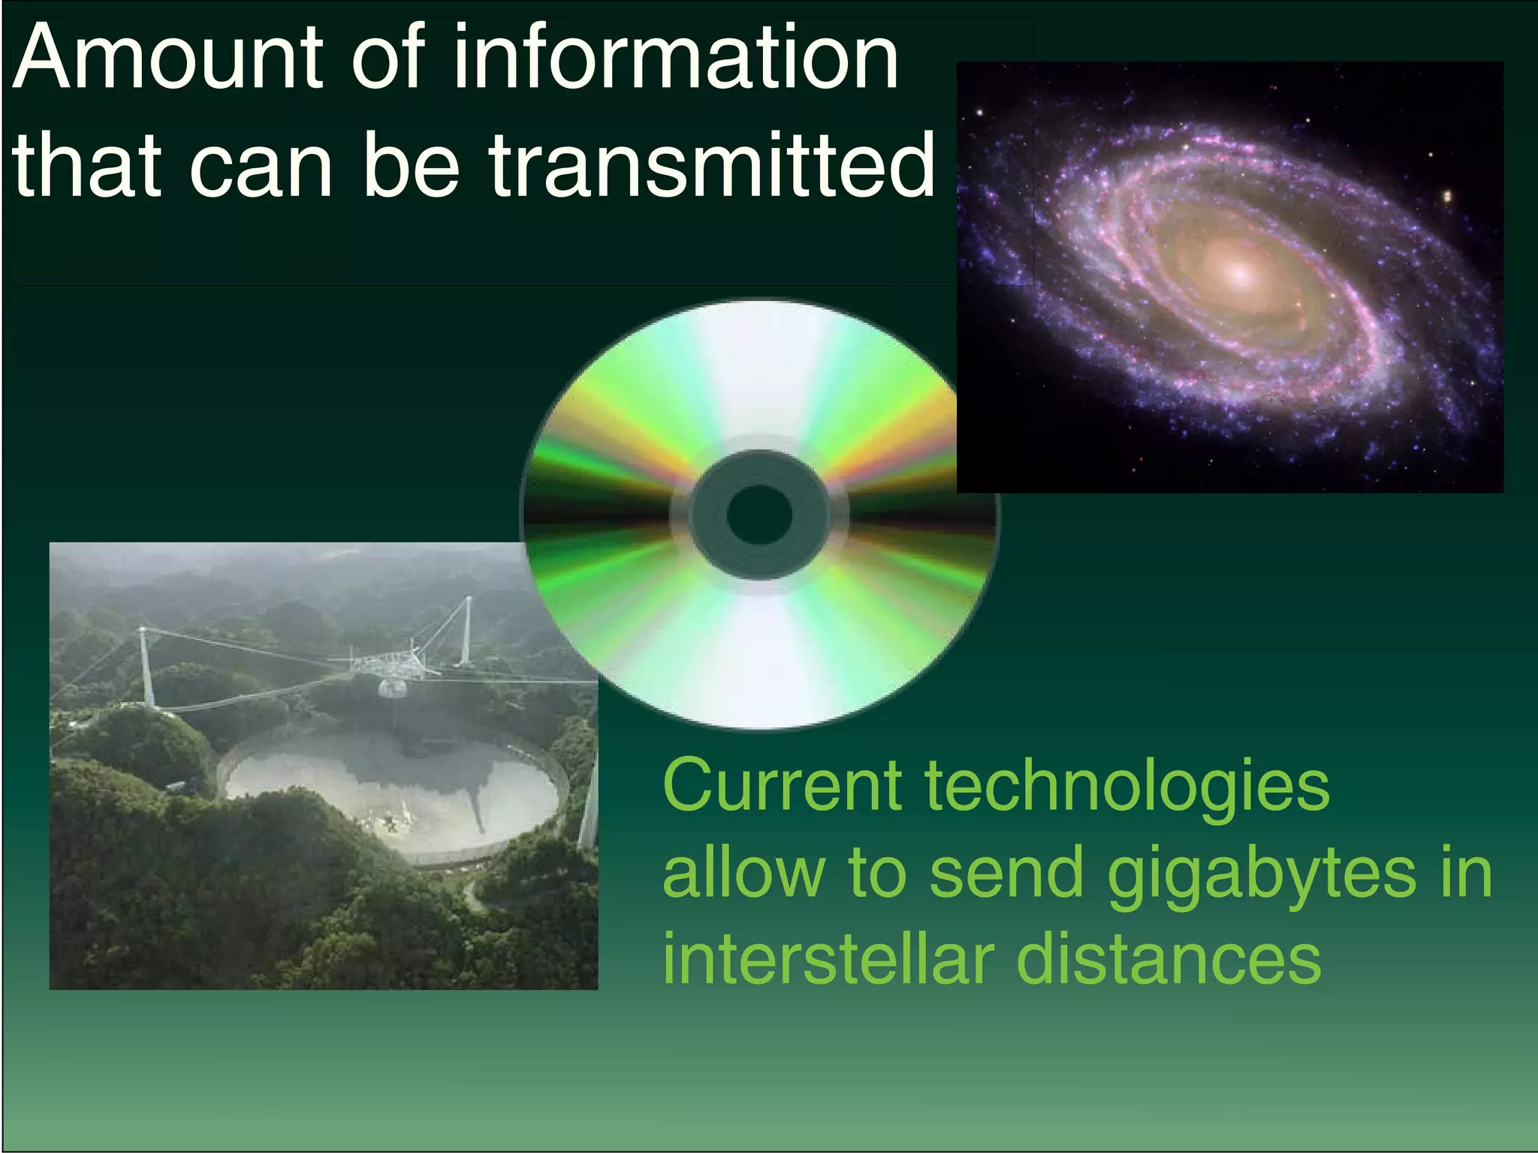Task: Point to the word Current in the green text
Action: pos(782,786)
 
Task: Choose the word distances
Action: pos(1169,961)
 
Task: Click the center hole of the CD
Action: pos(759,514)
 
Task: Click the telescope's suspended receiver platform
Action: pos(388,665)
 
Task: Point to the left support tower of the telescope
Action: pos(146,668)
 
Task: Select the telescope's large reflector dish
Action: pos(391,796)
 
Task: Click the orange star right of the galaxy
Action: pos(1447,197)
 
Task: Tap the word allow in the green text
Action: pos(743,873)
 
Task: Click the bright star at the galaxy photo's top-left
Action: pos(979,113)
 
